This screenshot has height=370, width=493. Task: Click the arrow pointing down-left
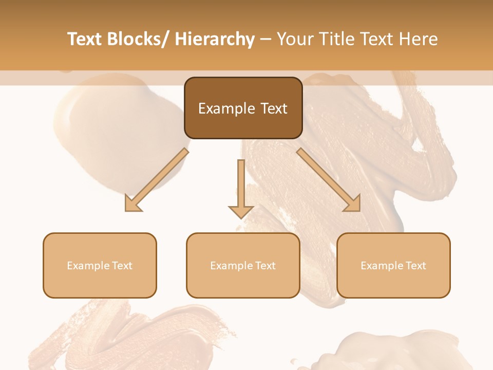coord(157,180)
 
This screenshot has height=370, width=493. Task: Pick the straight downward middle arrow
coord(241,185)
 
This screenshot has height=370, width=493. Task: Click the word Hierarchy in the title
coord(215,39)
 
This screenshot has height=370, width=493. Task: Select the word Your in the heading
coord(295,39)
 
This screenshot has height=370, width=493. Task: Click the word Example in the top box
coord(226,109)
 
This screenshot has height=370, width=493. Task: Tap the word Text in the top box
coord(274,108)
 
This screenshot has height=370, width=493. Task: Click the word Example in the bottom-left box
coord(88,266)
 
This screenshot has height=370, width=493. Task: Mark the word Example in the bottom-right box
coord(382,266)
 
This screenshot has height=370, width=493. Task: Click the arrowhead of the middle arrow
coord(241,211)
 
